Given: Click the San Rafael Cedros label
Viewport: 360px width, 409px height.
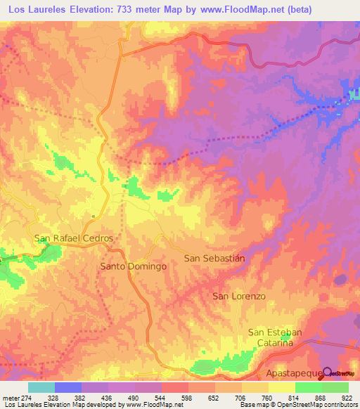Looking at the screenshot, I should (x=74, y=238).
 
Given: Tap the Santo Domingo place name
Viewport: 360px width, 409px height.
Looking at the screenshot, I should (x=133, y=267).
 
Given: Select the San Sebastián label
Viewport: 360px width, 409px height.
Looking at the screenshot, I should (x=214, y=258).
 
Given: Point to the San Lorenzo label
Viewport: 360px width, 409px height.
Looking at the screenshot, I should (x=239, y=297).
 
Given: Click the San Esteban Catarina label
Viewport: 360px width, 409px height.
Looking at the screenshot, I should (x=275, y=337).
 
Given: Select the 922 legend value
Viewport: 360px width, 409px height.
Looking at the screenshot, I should (x=347, y=397).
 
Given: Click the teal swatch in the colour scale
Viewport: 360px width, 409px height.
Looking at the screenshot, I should (x=41, y=387).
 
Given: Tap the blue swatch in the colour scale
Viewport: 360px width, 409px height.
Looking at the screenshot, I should (x=68, y=387).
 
